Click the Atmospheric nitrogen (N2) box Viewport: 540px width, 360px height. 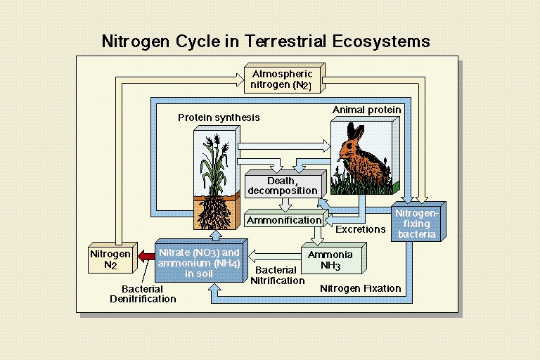tap(285, 78)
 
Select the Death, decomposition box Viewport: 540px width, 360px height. tap(285, 184)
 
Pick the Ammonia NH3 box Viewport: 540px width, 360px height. tap(334, 258)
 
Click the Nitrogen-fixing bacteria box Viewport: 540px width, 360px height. tap(418, 221)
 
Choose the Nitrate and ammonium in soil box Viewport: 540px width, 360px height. tap(201, 261)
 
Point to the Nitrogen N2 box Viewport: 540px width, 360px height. tap(112, 257)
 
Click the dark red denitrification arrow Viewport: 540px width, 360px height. tap(146, 257)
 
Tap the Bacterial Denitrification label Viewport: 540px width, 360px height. tap(143, 294)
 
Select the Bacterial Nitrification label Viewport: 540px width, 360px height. tap(277, 275)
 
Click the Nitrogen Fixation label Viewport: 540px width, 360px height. tap(360, 288)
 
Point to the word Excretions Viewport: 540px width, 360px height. tap(360, 229)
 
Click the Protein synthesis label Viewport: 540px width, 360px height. tap(219, 118)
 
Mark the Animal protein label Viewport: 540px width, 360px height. tap(366, 110)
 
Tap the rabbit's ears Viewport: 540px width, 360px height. tap(355, 131)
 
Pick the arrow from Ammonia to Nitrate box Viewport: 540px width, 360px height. tap(274, 257)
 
